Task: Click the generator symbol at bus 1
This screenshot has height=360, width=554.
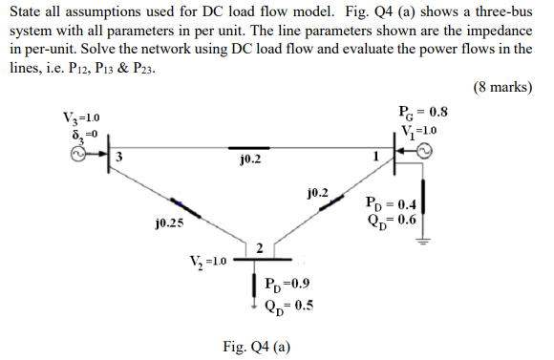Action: pos(423,150)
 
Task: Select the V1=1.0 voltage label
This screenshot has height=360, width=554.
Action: pos(419,129)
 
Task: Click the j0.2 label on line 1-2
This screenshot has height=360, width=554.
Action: pos(318,192)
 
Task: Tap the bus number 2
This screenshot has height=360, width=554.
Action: pos(258,247)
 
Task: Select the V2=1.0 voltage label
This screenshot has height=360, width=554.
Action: pos(208,261)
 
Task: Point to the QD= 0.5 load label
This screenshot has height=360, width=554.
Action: pos(286,305)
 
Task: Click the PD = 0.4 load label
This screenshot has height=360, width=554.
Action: pos(391,203)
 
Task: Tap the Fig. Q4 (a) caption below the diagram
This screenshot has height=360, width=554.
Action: pos(258,346)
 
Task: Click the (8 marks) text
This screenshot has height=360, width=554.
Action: pos(502,88)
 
